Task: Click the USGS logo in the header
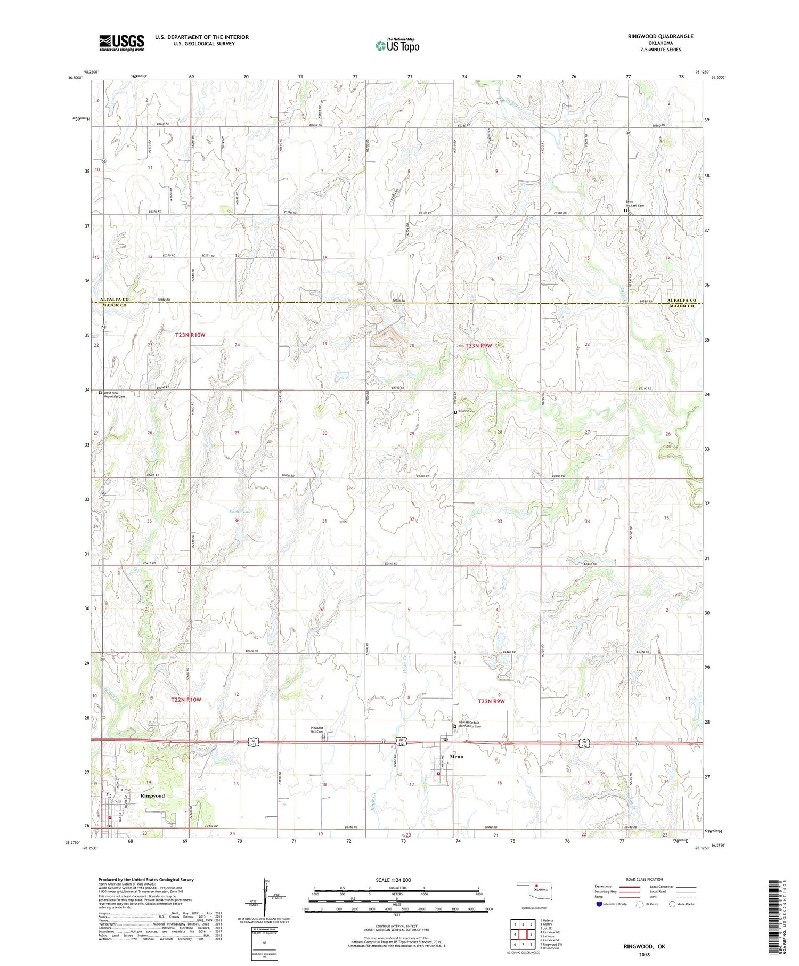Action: [121, 43]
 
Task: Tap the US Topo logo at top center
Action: [397, 46]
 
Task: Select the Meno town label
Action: [456, 757]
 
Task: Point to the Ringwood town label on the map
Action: [152, 795]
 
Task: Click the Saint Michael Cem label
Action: [634, 204]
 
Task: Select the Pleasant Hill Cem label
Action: [317, 730]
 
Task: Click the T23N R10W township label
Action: [190, 335]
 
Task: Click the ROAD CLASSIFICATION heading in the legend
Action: [645, 879]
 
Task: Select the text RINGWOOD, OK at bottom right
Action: [645, 946]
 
